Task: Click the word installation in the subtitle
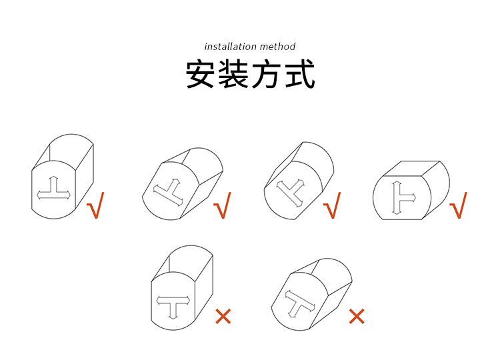click(x=227, y=47)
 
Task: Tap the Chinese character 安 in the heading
click(x=200, y=73)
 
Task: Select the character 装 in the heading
click(x=233, y=73)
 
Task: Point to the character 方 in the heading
click(x=267, y=73)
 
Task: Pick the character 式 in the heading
click(x=300, y=73)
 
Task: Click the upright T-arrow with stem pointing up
click(x=53, y=189)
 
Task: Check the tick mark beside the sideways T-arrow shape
click(x=458, y=205)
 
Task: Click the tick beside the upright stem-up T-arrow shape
click(x=95, y=205)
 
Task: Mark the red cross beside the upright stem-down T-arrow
click(x=223, y=316)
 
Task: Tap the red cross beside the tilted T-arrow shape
click(x=357, y=316)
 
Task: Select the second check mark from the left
click(x=222, y=205)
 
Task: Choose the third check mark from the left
click(x=332, y=205)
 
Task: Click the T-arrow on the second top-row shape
click(x=168, y=192)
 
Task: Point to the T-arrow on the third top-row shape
click(x=291, y=192)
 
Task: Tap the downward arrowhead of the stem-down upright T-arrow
click(x=173, y=317)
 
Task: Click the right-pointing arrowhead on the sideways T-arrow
click(x=413, y=198)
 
